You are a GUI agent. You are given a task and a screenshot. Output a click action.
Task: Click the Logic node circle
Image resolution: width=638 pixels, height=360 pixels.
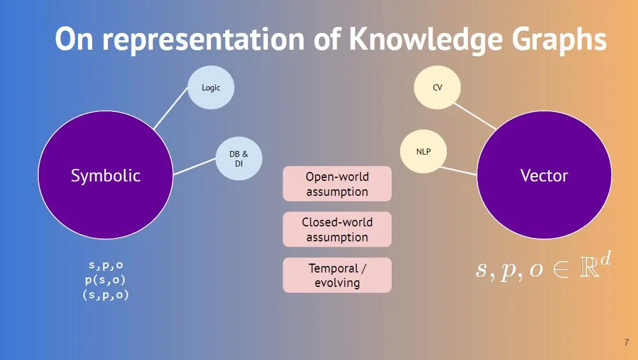[x=211, y=87]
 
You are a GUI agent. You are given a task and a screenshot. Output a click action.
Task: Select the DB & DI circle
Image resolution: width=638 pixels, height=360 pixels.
[x=238, y=158]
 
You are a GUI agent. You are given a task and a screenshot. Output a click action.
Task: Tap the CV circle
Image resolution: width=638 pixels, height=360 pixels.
[x=437, y=87]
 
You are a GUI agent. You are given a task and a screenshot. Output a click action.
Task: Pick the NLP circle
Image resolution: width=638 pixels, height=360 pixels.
[x=424, y=152]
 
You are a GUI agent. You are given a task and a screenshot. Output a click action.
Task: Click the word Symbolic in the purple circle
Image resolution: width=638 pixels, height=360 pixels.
[x=105, y=176]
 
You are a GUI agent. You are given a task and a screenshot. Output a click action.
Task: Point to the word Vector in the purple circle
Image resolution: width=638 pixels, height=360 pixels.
[x=544, y=176]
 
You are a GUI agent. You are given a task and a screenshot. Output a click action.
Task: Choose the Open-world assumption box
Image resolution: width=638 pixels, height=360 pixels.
[x=337, y=184]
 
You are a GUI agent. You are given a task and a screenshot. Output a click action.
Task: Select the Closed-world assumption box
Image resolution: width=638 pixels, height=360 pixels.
[x=337, y=229]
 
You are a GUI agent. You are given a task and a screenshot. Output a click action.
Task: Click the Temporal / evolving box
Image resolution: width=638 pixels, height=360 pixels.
[x=337, y=275]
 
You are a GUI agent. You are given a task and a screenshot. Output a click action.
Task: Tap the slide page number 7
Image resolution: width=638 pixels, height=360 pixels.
[x=627, y=343]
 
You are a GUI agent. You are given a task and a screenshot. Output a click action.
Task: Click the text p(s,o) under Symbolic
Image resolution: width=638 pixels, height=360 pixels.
[x=105, y=280]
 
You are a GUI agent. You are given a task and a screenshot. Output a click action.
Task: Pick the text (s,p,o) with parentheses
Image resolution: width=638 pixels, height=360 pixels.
[x=105, y=295]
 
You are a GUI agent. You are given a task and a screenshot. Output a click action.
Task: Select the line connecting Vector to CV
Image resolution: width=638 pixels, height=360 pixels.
[x=474, y=116]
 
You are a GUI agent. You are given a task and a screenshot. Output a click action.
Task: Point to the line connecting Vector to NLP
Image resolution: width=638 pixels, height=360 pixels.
[x=461, y=169]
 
